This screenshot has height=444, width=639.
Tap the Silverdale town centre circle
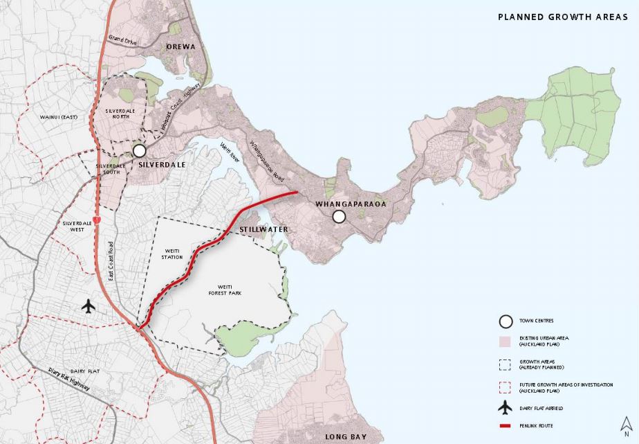pyautogui.click(x=139, y=150)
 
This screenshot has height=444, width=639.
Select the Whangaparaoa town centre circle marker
pyautogui.click(x=339, y=217)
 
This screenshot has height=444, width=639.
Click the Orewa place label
pyautogui.click(x=181, y=47)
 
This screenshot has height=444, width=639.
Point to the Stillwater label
pyautogui.click(x=263, y=229)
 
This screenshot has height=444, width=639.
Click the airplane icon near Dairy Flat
pyautogui.click(x=88, y=305)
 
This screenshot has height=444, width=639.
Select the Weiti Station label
pyautogui.click(x=173, y=254)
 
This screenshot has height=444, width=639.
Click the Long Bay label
pyautogui.click(x=344, y=437)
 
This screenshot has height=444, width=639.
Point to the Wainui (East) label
pyautogui.click(x=58, y=117)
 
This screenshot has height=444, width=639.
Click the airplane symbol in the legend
pyautogui.click(x=506, y=407)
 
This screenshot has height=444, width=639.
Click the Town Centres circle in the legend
pyautogui.click(x=506, y=321)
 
